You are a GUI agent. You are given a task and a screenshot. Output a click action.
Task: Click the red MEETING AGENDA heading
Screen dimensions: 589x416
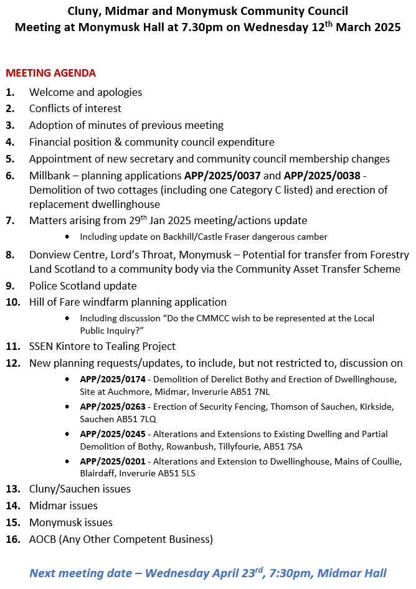pos(50,73)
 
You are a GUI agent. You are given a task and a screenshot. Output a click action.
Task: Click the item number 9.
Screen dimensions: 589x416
pos(10,286)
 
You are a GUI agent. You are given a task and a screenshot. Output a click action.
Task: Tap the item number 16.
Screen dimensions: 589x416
pos(12,539)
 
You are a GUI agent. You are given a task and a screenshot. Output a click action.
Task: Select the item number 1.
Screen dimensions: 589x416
pos(10,92)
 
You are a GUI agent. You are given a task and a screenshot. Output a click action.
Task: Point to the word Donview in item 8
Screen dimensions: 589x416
pos(49,255)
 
